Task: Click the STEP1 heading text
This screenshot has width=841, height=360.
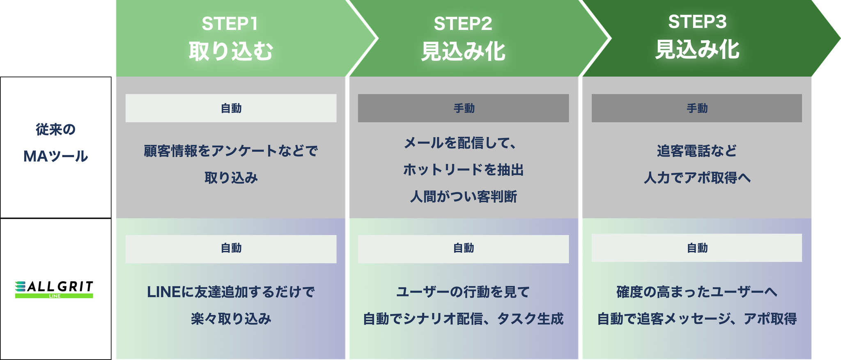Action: [230, 24]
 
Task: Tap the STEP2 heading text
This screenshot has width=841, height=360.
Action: [463, 24]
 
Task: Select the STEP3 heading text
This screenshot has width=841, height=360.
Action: [697, 22]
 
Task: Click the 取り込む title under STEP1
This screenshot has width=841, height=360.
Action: [231, 51]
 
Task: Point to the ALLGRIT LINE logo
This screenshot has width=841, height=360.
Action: [54, 289]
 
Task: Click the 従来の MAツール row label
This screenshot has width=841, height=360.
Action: [56, 143]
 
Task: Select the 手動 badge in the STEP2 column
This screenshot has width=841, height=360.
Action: [463, 108]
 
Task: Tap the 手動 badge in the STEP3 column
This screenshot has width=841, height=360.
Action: [697, 108]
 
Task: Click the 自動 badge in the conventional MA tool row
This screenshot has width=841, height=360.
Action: [231, 108]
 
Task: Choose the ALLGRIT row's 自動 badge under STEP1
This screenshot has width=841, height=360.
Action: [231, 249]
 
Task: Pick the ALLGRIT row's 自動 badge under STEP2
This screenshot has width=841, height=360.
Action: [463, 249]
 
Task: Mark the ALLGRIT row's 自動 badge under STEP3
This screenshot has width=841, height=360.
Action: [697, 248]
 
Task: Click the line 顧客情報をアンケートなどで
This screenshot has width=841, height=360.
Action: [231, 151]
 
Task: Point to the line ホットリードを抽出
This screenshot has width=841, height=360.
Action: [463, 170]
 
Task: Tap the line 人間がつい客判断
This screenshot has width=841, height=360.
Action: [463, 197]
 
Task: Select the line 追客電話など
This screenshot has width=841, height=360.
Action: [697, 151]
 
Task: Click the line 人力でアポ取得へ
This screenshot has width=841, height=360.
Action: [697, 178]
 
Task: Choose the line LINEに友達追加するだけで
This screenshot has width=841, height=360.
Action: [231, 292]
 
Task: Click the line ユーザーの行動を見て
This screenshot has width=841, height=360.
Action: [463, 292]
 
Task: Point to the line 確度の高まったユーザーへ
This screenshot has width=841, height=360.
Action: [697, 292]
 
